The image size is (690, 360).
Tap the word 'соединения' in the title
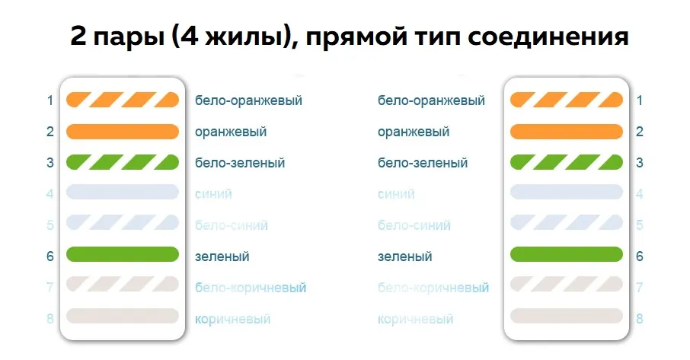548,36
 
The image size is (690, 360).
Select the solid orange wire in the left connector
123,132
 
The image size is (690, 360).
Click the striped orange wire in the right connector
567,100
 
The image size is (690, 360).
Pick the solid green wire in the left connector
123,254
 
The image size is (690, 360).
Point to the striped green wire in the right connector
567,162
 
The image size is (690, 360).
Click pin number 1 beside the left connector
50,100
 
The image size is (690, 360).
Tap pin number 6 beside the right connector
640,256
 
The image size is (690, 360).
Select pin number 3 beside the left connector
50,163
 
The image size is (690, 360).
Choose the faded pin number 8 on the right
640,319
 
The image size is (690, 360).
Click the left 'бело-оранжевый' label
248,100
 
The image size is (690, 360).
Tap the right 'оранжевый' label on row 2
414,132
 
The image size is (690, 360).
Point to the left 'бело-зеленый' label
240,163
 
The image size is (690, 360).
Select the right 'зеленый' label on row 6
405,256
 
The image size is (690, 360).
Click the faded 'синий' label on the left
213,194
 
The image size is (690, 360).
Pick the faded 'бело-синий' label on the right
414,225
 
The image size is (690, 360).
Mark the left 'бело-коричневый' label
251,288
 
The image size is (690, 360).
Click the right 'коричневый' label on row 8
415,319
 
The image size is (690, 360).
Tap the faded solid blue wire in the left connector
123,192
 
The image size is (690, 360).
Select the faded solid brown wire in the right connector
567,316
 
